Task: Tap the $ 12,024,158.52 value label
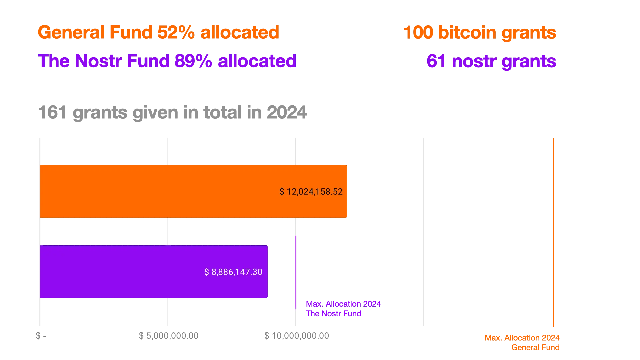[x=311, y=192]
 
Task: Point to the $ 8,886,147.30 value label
[x=233, y=272]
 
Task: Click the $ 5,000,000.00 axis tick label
[x=168, y=336]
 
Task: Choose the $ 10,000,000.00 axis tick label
[x=296, y=336]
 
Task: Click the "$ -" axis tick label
[x=41, y=336]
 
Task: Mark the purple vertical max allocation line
[x=296, y=272]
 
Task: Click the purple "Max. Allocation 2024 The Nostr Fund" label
[x=343, y=309]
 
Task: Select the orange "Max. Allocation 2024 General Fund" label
[x=522, y=343]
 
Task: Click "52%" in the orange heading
[x=176, y=32]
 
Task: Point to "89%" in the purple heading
[x=193, y=61]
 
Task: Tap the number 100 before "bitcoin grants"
[x=418, y=32]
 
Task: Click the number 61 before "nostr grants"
[x=436, y=61]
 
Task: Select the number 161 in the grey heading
[x=52, y=112]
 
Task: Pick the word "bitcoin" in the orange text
[x=467, y=32]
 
